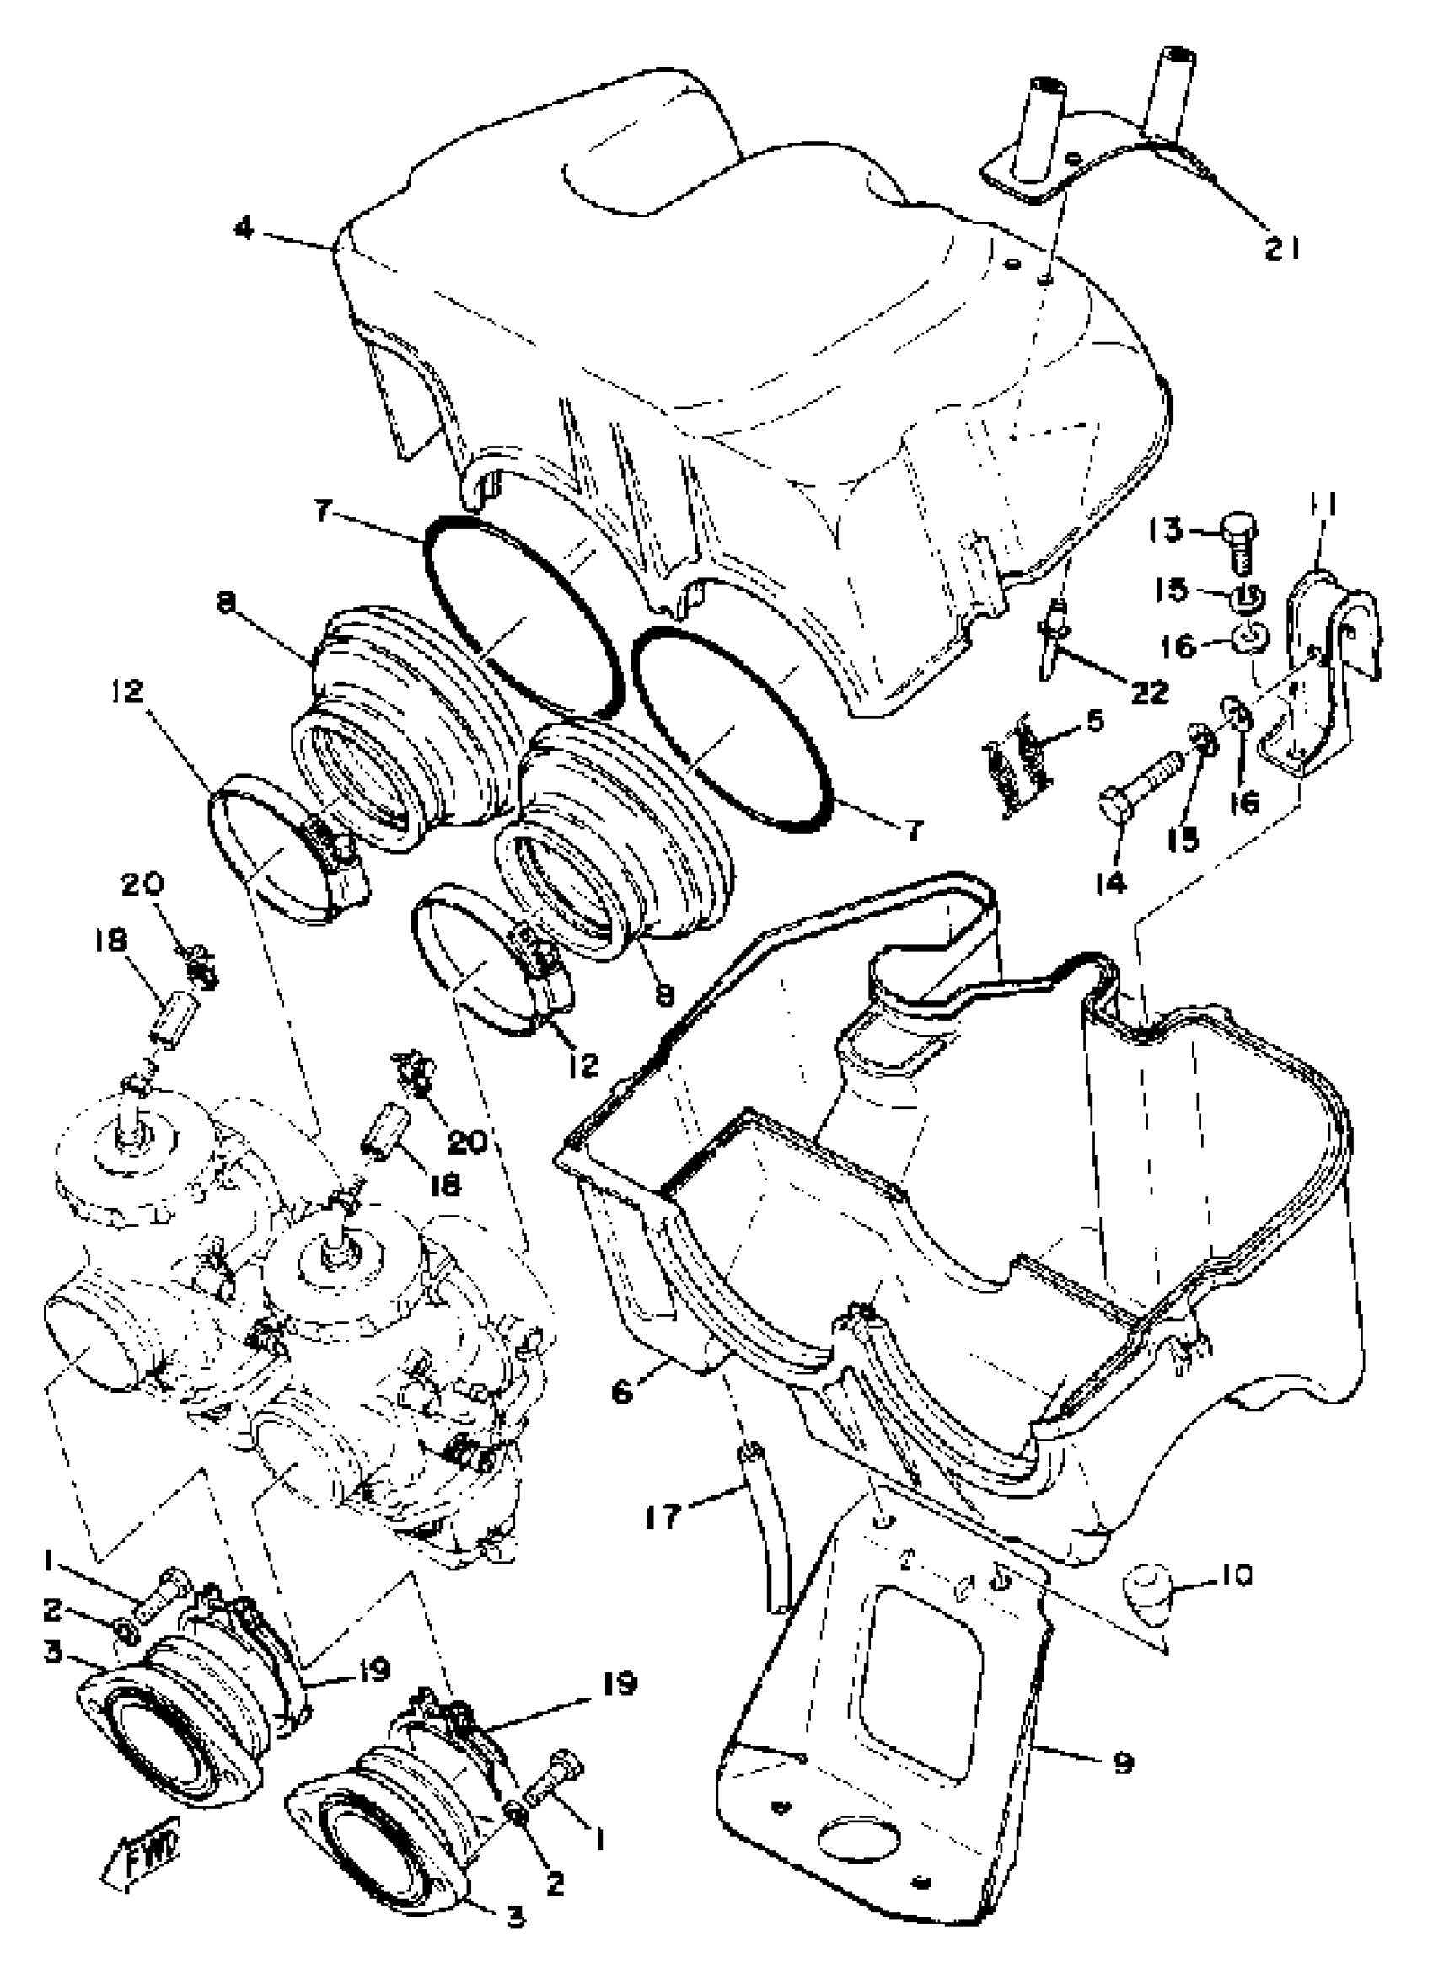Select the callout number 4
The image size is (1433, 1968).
(x=245, y=230)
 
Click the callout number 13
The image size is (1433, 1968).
(x=1165, y=529)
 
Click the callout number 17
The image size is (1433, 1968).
(x=663, y=1517)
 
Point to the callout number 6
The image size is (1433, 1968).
(x=623, y=1392)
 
